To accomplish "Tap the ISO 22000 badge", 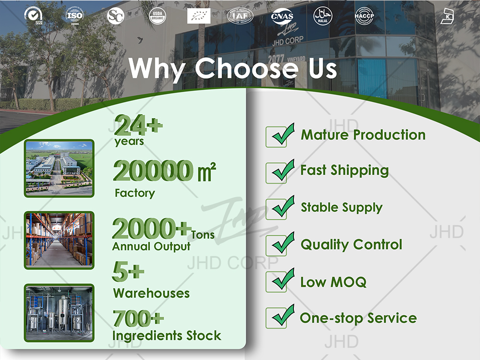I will point(74,15).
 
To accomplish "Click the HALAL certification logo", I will point(323,15).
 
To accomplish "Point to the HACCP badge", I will point(364,15).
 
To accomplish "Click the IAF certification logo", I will point(240,16).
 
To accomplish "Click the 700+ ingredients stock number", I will point(138,318).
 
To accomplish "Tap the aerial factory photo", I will point(59,168).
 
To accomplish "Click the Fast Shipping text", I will point(344,170).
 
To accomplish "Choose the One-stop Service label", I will point(358,318).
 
